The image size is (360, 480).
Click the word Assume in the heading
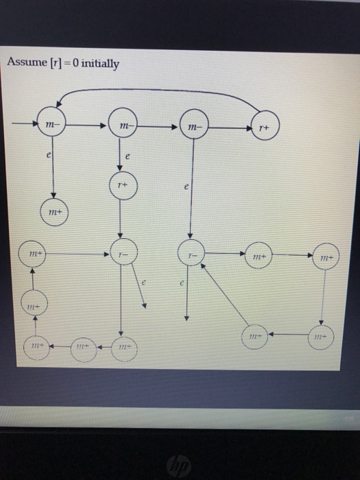25,63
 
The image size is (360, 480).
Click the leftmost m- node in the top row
50,123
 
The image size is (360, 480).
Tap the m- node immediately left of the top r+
193,126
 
